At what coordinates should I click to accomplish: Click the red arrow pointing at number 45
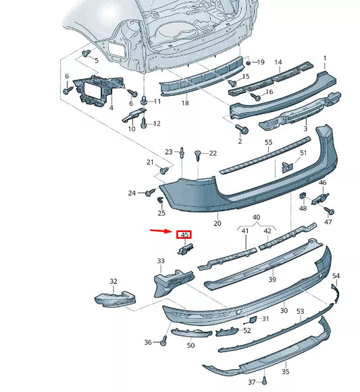click(161, 231)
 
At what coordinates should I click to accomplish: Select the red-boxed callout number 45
click(184, 235)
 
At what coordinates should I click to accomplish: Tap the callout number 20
click(217, 223)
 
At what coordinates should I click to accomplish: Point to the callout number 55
click(268, 142)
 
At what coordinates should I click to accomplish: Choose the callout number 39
click(272, 279)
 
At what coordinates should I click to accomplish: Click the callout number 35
click(285, 371)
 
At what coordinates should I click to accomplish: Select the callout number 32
click(113, 281)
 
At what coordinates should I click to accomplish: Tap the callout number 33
click(160, 260)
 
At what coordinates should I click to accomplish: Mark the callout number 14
click(278, 62)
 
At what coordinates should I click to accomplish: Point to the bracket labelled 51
click(288, 166)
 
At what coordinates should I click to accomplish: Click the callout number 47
click(328, 222)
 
